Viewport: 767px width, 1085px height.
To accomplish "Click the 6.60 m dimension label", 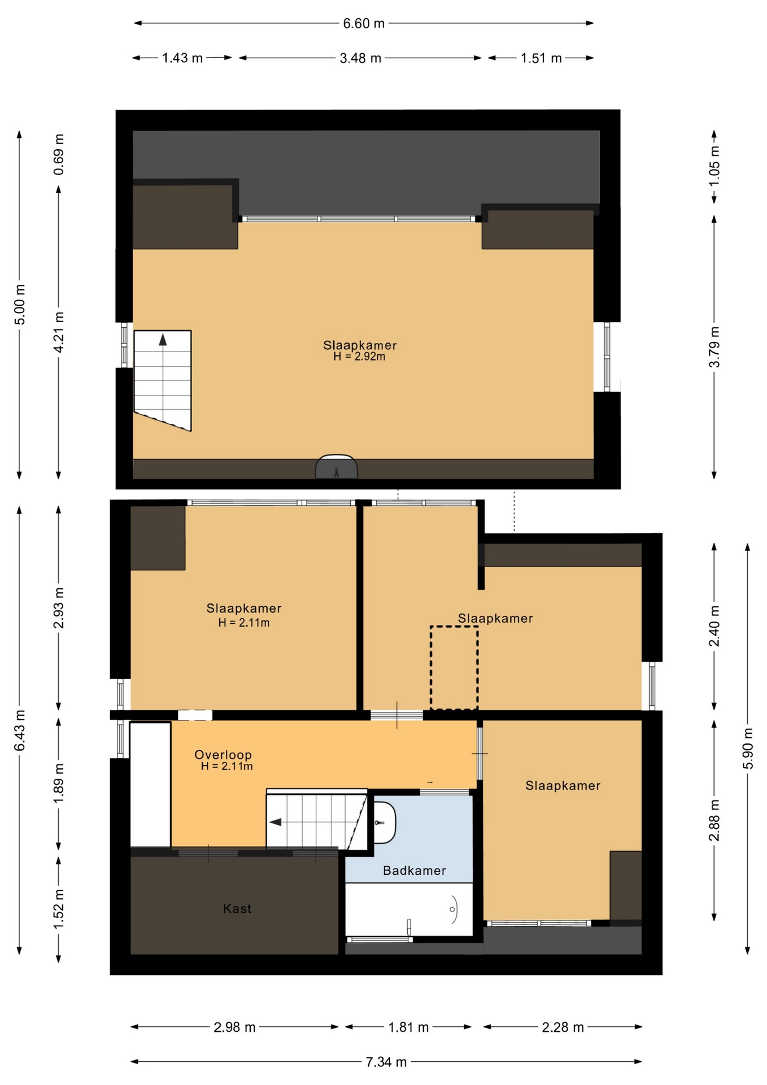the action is point(364,24).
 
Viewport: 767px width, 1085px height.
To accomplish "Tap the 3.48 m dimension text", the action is point(360,58).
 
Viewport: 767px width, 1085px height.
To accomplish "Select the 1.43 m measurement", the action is point(182,58).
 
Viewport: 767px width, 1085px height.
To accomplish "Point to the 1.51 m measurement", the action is point(541,58).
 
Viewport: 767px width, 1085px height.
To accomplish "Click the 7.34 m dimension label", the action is point(386,1062).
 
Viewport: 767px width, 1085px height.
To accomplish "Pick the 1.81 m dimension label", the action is point(408,1027).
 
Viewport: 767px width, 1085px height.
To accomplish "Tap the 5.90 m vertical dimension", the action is point(748,748).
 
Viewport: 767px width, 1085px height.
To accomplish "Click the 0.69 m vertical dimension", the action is point(59,154).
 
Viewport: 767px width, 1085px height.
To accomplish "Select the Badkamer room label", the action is point(415,870).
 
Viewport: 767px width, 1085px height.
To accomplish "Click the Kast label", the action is point(237,909).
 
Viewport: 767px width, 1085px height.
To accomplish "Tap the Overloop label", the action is point(223,754).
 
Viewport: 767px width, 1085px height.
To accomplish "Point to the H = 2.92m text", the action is point(359,357).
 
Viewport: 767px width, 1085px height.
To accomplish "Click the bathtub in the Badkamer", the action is point(409,909).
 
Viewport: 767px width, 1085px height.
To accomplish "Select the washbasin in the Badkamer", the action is point(385,822).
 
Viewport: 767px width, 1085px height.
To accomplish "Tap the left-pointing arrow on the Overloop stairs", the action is point(275,822).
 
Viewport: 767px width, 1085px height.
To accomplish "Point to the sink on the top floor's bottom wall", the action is point(337,467).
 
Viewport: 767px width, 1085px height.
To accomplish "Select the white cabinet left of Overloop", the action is point(150,785).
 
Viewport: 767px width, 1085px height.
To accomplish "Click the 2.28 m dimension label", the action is point(563,1027).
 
